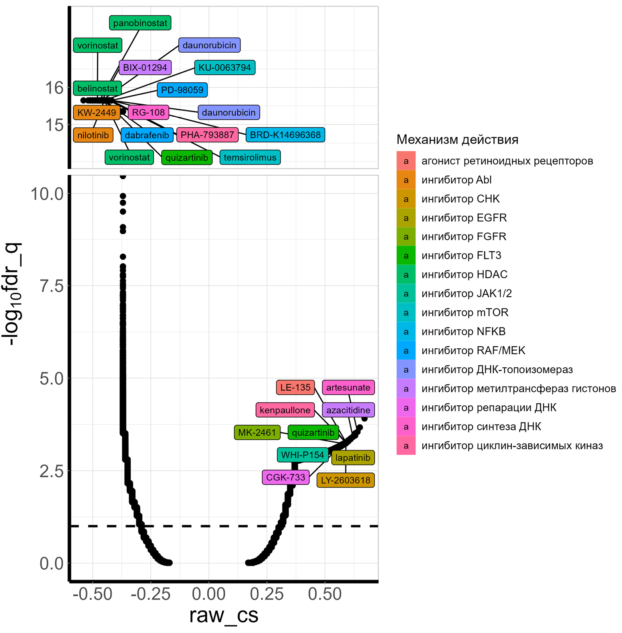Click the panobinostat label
[x=140, y=23]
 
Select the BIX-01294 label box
[x=145, y=67]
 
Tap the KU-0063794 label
[x=225, y=67]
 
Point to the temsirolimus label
[x=250, y=157]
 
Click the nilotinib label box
[x=93, y=135]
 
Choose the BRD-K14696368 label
[x=285, y=135]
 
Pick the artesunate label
[x=348, y=387]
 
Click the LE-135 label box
[x=295, y=387]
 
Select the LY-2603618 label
[x=346, y=480]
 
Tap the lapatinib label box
[x=353, y=458]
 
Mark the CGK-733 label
[x=286, y=477]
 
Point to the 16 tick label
[x=54, y=88]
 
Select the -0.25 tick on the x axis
[x=151, y=594]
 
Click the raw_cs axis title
[x=224, y=615]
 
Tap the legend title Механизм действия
[x=457, y=140]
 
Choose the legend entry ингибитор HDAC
[x=464, y=275]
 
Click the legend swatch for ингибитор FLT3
[x=406, y=256]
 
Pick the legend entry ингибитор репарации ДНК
[x=489, y=408]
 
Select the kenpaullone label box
[x=285, y=410]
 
